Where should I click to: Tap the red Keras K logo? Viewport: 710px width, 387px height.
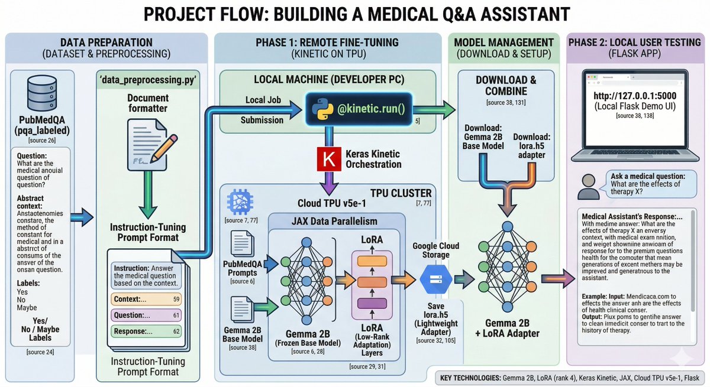click(325, 160)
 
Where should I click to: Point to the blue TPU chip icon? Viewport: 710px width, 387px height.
click(238, 201)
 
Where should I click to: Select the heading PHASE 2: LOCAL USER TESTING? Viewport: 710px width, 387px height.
click(636, 43)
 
